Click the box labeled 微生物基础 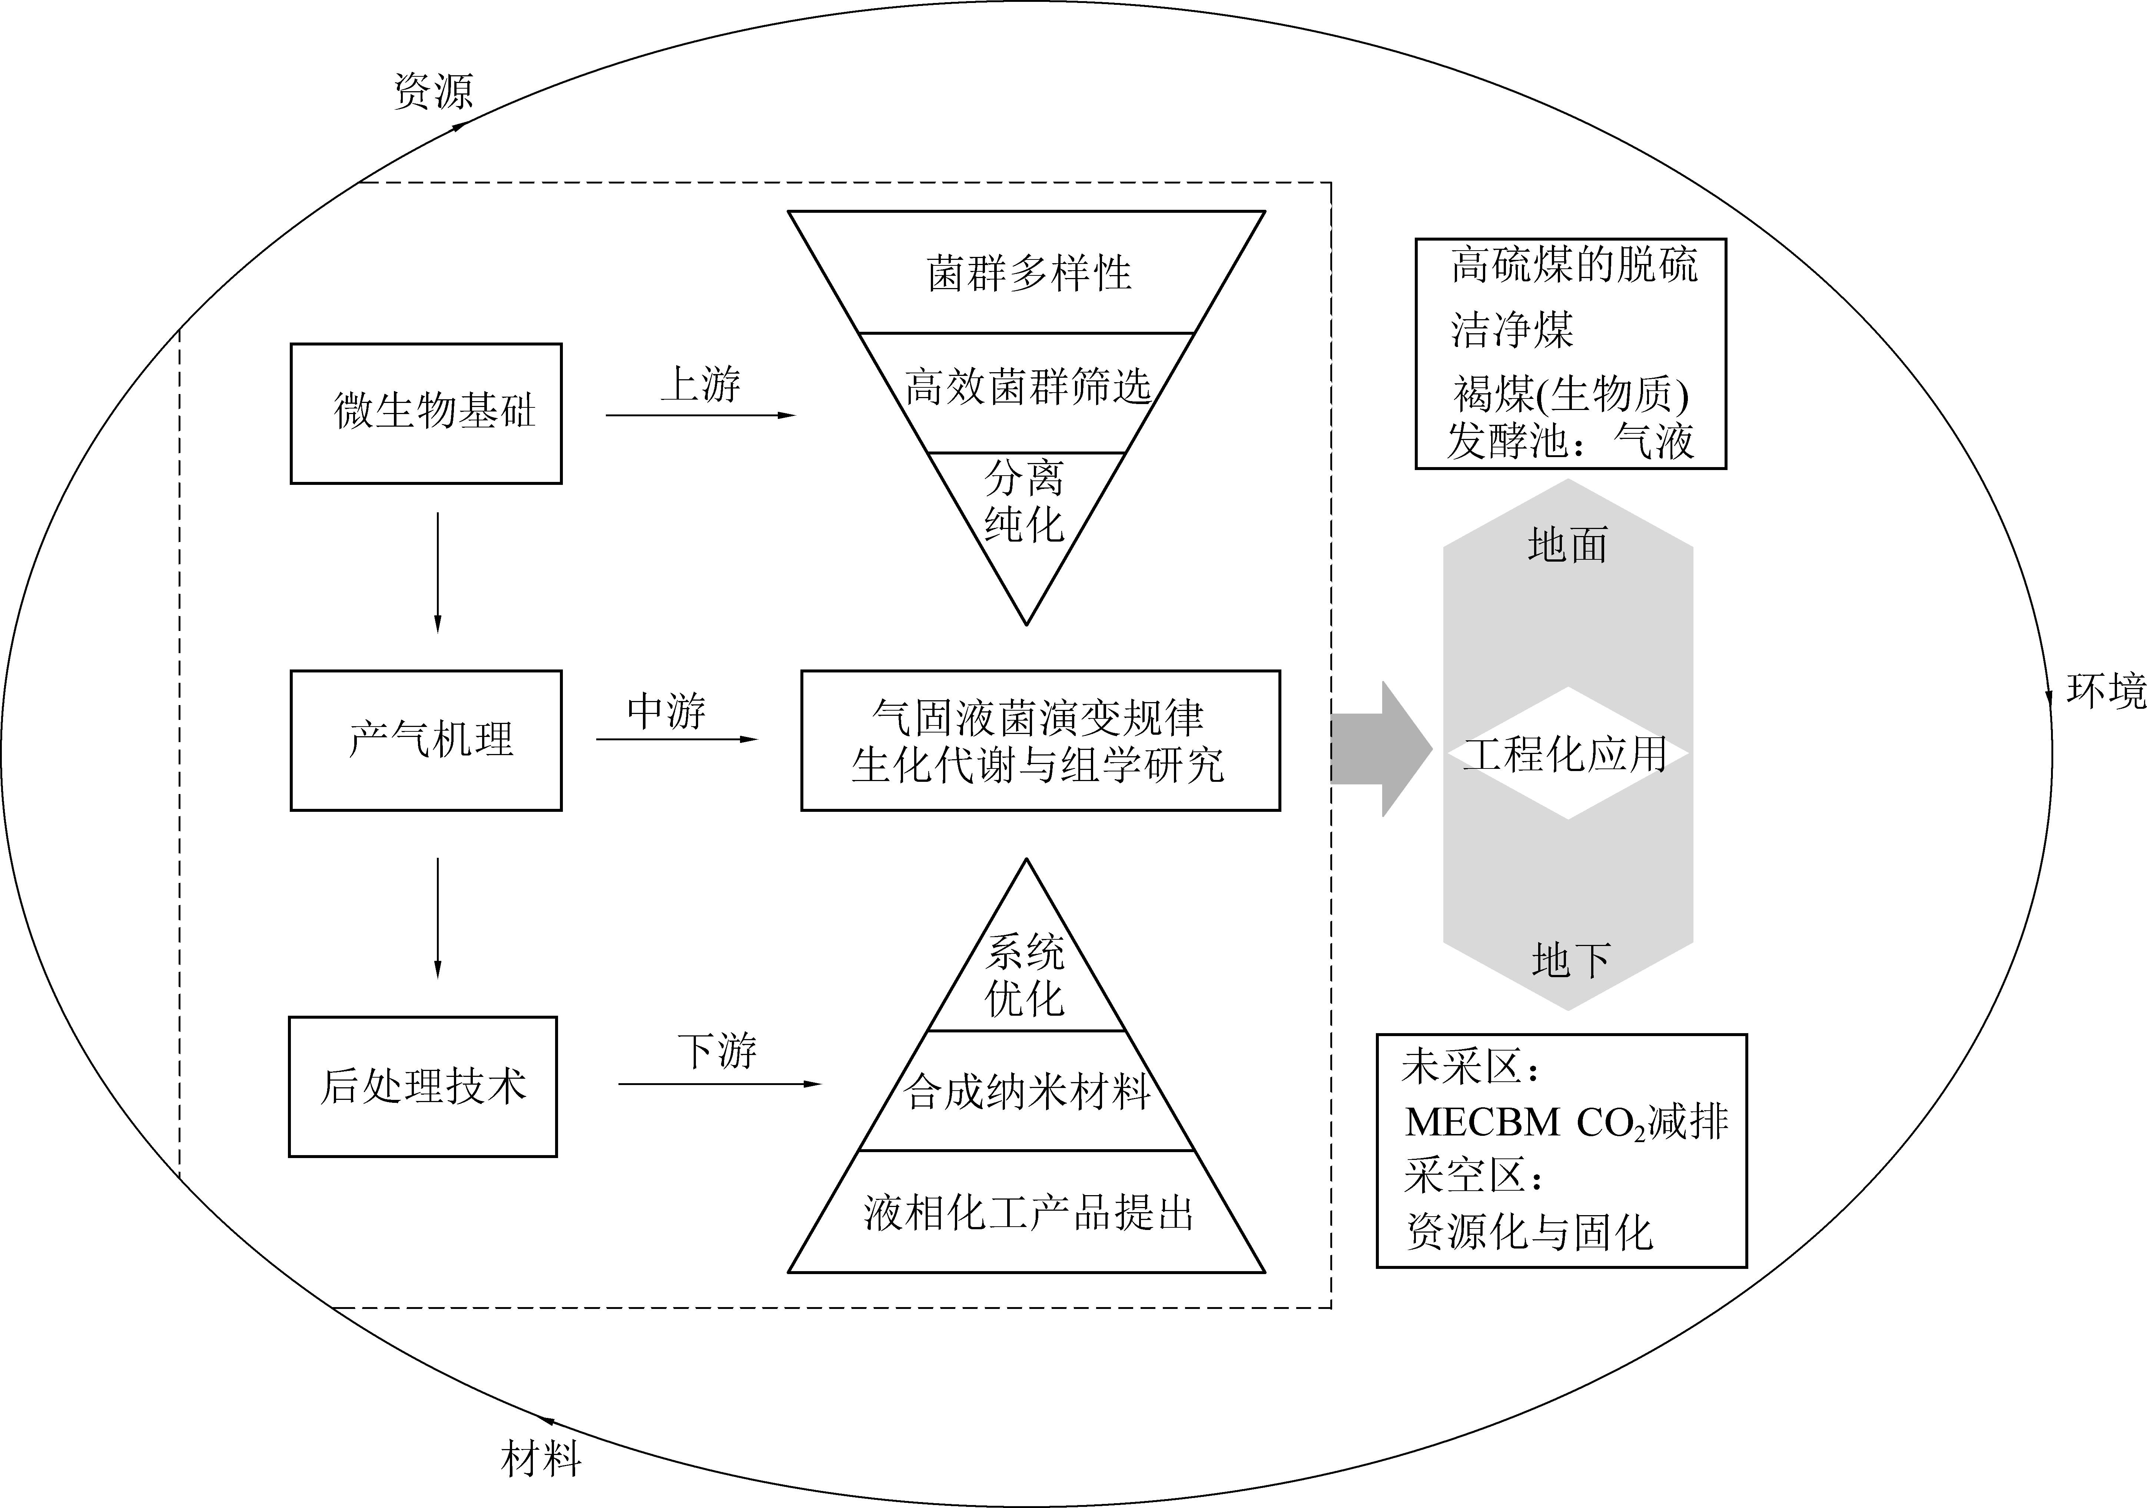[427, 413]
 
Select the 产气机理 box [427, 740]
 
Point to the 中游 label [666, 712]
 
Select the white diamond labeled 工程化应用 [1567, 753]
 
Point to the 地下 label [1571, 960]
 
